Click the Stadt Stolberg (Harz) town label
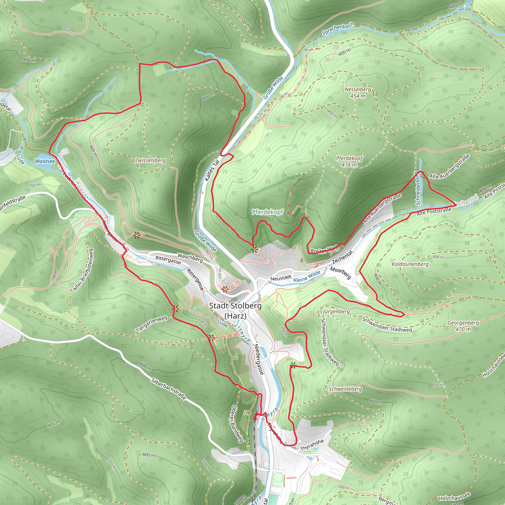tap(235, 310)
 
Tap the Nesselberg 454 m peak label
tap(358, 92)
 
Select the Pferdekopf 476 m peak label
tap(349, 161)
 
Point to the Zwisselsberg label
tap(150, 160)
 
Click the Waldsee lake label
tap(45, 161)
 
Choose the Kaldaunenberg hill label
tap(410, 264)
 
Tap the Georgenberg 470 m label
tap(463, 326)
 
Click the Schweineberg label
tap(345, 389)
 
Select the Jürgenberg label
tap(336, 312)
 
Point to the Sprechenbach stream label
tap(338, 29)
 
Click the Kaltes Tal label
tap(212, 170)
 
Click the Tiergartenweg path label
tap(152, 324)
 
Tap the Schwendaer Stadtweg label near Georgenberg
tap(387, 325)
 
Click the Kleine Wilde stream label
tap(307, 276)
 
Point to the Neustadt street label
tap(281, 278)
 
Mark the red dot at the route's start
tap(255, 419)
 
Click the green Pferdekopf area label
tap(267, 212)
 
